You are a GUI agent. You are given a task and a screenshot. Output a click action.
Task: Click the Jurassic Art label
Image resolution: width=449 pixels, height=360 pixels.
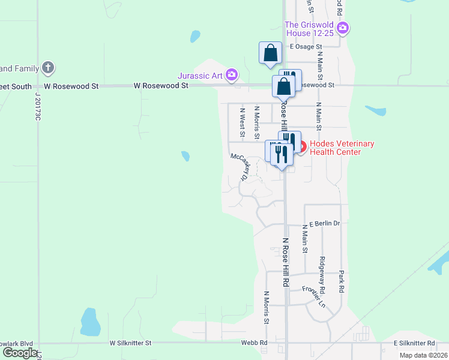coord(200,76)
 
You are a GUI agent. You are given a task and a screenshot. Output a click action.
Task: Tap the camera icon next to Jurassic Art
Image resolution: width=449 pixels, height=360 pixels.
coord(232,76)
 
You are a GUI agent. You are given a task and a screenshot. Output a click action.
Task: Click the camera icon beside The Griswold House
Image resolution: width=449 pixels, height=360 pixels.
coord(343,28)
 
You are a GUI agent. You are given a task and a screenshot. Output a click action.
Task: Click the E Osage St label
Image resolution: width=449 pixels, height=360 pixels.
coord(306,46)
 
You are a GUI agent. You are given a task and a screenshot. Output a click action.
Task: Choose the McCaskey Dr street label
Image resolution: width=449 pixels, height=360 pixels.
coord(240,166)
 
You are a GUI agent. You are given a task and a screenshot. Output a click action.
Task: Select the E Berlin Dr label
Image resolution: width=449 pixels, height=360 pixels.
coord(324,223)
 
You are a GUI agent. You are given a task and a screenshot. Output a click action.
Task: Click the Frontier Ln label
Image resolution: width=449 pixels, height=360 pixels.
coord(313,296)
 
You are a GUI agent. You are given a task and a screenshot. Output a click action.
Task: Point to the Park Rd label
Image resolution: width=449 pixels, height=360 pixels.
coord(341,281)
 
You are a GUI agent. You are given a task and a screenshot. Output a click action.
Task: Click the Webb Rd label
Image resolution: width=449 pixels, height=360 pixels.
coord(255,343)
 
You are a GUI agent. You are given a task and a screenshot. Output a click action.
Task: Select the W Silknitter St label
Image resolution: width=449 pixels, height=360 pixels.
coord(131,343)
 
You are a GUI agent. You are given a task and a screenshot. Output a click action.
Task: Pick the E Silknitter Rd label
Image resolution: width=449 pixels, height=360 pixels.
coord(414,343)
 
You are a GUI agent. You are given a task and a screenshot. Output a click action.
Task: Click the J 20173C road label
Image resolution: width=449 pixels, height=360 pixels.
coord(37,106)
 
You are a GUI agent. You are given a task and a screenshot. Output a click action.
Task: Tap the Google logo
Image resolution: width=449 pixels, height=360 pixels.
coord(19,353)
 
